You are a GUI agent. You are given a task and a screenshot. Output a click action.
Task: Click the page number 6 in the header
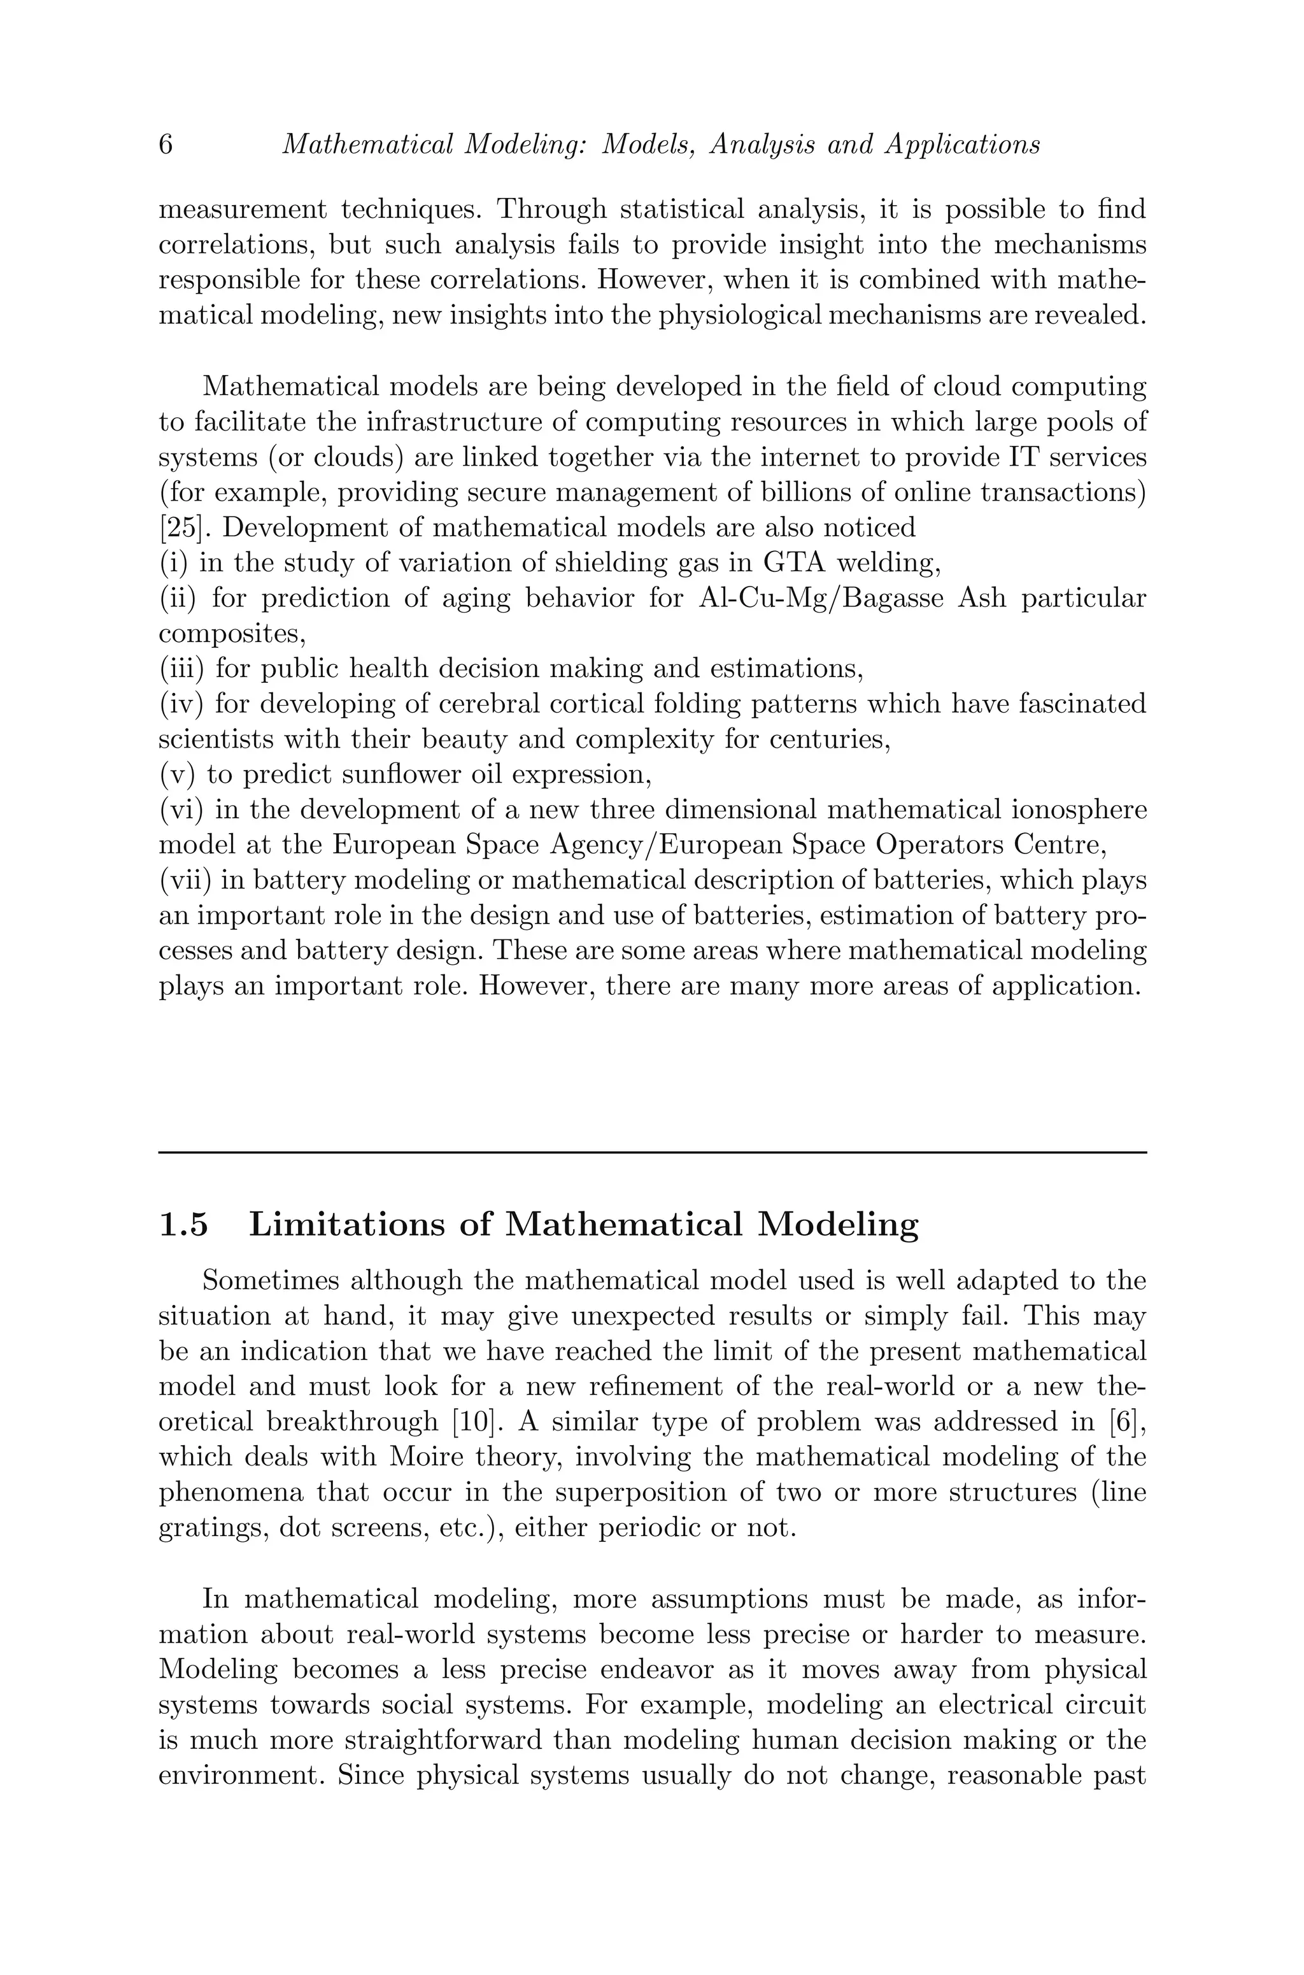click(x=166, y=145)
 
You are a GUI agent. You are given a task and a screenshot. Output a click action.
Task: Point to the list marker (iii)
click(x=181, y=668)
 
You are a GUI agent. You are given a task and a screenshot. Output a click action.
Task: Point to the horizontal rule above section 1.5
click(x=652, y=1152)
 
